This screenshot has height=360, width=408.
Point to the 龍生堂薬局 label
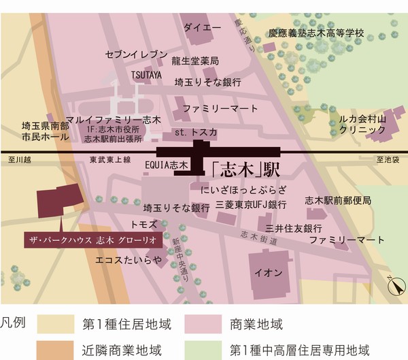(195, 61)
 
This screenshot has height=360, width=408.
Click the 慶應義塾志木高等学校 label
(316, 32)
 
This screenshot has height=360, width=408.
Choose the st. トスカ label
(196, 131)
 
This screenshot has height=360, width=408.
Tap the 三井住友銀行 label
(294, 227)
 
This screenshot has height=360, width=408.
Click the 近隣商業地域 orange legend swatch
(56, 350)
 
